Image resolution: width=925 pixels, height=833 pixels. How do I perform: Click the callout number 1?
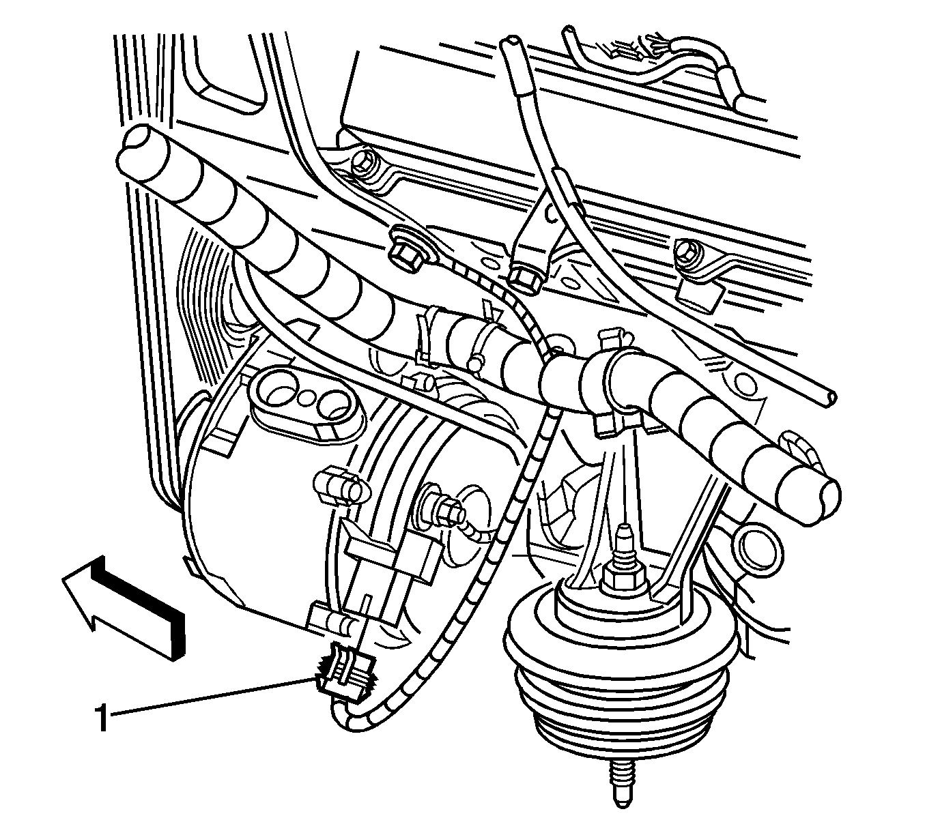(x=102, y=717)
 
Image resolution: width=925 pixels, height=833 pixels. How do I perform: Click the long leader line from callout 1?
(x=213, y=696)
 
